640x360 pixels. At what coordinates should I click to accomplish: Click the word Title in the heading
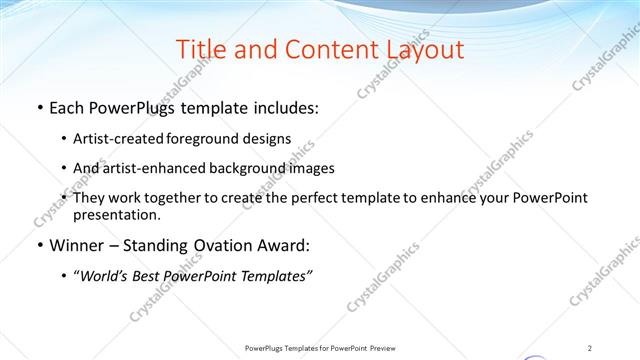point(200,50)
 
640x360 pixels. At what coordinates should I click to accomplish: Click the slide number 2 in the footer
point(590,348)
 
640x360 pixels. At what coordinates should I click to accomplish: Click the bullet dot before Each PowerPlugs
point(39,108)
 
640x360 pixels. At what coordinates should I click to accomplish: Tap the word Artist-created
point(113,139)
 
